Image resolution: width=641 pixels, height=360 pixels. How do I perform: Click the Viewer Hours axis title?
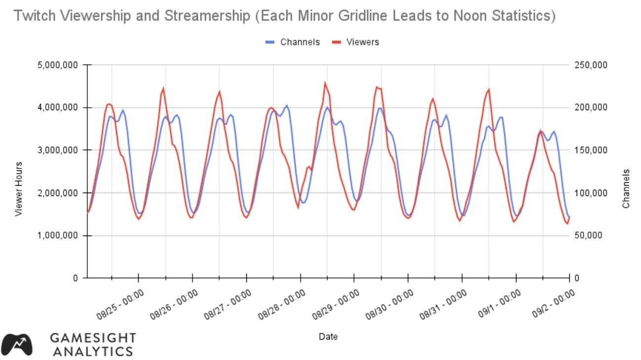[19, 189]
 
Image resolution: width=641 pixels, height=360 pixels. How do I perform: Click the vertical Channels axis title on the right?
[626, 189]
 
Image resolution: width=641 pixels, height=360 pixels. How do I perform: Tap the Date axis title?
[328, 337]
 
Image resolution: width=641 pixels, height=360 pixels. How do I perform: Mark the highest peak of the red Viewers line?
[325, 83]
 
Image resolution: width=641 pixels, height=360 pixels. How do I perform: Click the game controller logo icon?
[17, 344]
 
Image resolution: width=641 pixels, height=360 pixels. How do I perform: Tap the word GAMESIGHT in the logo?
[93, 338]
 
